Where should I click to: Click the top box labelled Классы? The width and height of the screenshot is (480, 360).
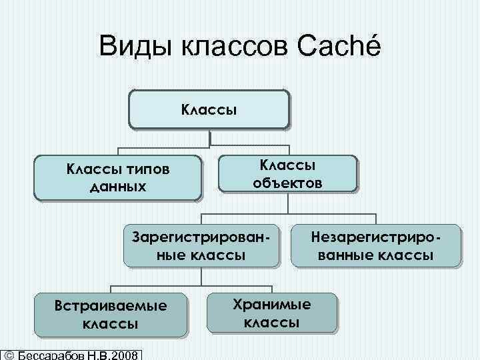point(209,109)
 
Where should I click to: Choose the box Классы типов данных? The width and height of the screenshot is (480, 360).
point(117,177)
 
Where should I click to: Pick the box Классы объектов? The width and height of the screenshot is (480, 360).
point(288,173)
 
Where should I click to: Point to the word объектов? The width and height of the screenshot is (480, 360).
point(288,182)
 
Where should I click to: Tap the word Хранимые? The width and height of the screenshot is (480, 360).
point(271,304)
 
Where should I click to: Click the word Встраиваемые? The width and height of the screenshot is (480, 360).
point(111,306)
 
